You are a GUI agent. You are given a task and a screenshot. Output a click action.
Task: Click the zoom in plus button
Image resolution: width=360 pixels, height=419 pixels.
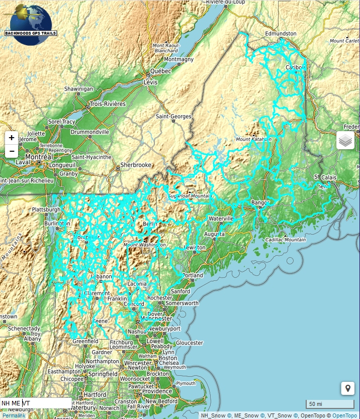(x=12, y=138)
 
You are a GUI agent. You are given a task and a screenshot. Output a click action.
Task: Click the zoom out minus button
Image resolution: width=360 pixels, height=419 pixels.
(x=12, y=151)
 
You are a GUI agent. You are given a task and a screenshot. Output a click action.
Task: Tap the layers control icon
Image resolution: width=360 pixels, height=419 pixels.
(x=345, y=141)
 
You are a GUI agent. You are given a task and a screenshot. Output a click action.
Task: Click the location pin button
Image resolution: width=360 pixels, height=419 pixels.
(x=347, y=388)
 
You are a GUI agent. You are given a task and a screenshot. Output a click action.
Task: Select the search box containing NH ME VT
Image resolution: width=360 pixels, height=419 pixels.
(x=35, y=403)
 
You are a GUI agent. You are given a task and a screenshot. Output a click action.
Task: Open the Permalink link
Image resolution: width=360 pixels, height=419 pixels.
(x=13, y=415)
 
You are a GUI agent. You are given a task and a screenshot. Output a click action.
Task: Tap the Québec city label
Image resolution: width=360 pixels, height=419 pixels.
(x=160, y=71)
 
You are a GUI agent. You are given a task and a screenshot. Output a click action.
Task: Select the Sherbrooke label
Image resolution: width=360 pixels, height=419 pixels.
(x=135, y=165)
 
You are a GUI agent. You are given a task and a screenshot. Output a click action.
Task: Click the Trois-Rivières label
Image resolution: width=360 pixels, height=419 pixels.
(x=107, y=104)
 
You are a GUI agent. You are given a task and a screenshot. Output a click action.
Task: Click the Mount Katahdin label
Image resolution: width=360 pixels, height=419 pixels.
(x=250, y=139)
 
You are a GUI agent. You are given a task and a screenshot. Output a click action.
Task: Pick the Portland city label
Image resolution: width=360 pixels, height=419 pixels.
(x=193, y=276)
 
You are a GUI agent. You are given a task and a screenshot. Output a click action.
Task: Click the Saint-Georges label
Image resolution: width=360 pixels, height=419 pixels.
(x=174, y=117)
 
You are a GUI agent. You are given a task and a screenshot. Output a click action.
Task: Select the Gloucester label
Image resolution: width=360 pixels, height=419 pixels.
(x=189, y=343)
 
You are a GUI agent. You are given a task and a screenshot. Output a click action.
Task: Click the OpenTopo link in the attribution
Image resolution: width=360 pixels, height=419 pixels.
(x=345, y=415)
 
